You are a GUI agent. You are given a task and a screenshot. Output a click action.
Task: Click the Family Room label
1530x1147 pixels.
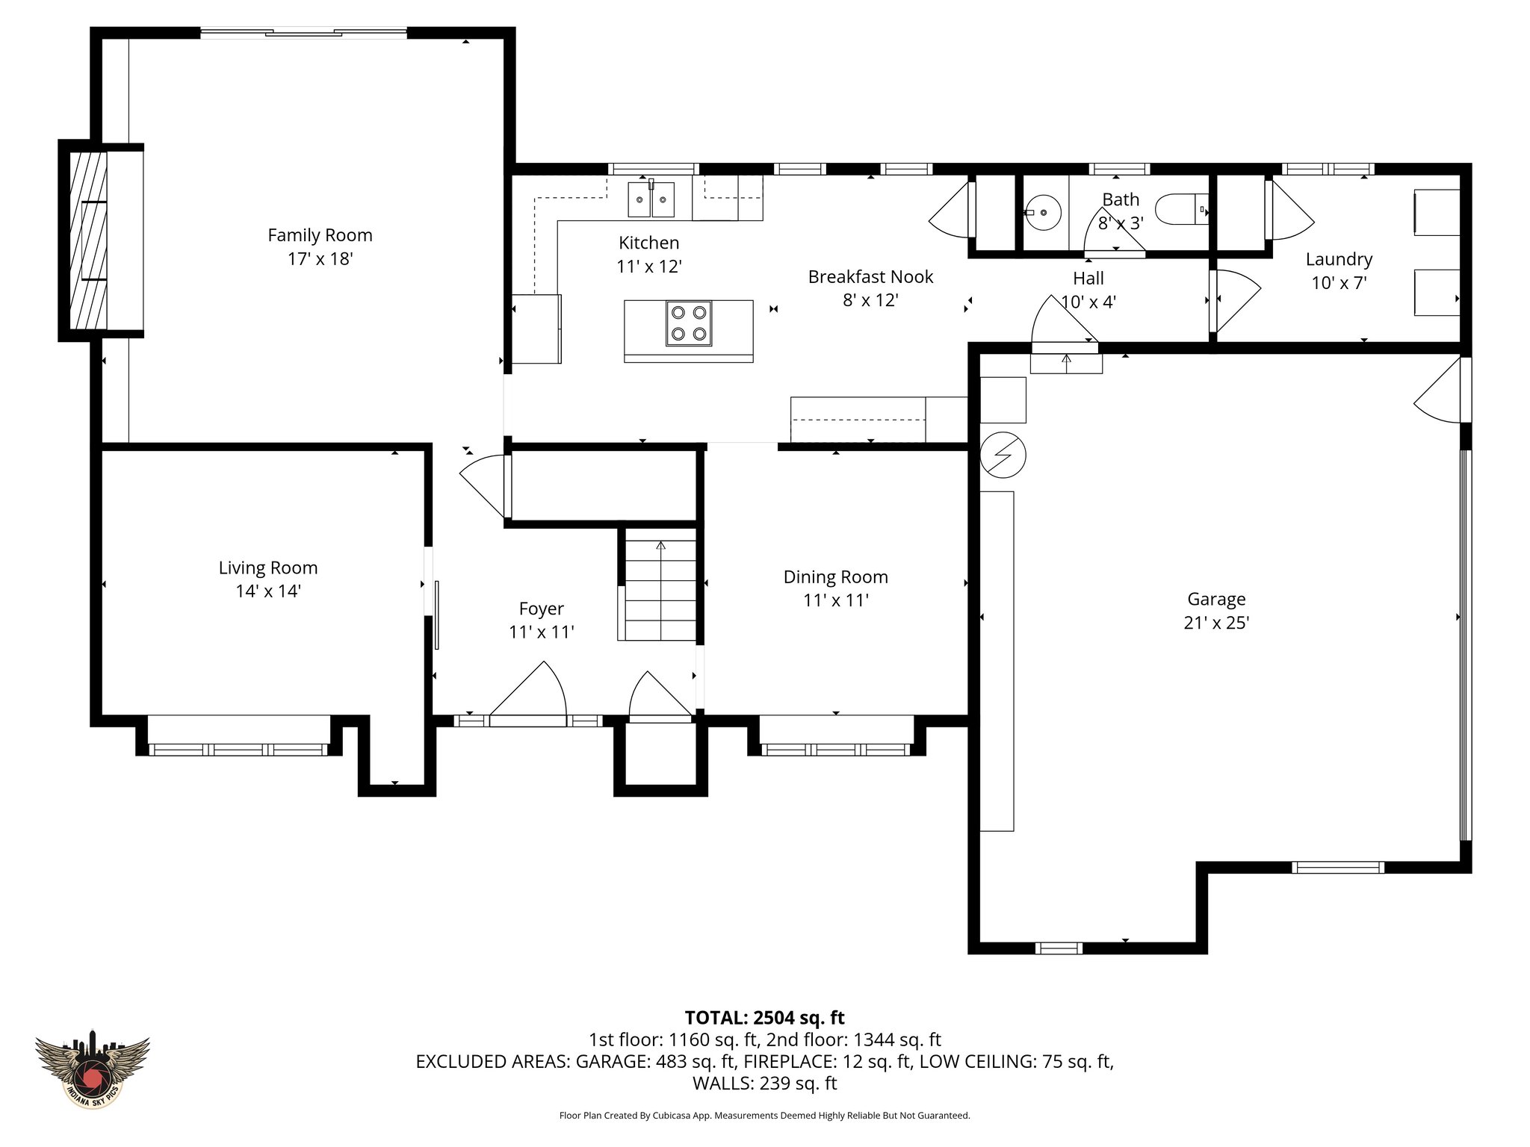tap(320, 235)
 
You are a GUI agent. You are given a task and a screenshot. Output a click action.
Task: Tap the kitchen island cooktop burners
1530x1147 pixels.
tap(689, 323)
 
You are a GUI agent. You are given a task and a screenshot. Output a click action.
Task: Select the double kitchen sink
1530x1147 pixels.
tap(651, 199)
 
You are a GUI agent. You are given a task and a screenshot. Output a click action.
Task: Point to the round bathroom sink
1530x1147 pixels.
tap(1043, 211)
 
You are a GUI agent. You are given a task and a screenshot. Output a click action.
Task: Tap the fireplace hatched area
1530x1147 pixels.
tap(88, 240)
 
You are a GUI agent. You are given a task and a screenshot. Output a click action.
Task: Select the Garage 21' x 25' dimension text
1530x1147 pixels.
tap(1216, 623)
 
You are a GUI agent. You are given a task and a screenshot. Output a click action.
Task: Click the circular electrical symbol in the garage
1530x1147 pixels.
tap(1003, 454)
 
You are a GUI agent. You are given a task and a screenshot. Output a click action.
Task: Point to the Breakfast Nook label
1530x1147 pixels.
tap(870, 277)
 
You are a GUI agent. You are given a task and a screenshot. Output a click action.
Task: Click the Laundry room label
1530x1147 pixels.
tap(1339, 259)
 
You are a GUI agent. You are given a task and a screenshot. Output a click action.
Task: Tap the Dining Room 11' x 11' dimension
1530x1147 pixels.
tap(835, 600)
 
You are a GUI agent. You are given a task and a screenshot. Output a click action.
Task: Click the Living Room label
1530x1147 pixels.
tap(267, 568)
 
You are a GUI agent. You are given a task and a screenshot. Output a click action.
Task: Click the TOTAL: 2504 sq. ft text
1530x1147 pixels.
tap(764, 1018)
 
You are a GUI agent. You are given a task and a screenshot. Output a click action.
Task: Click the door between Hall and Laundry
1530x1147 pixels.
tap(1233, 300)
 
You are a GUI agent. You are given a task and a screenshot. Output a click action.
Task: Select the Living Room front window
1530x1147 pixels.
tap(238, 749)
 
